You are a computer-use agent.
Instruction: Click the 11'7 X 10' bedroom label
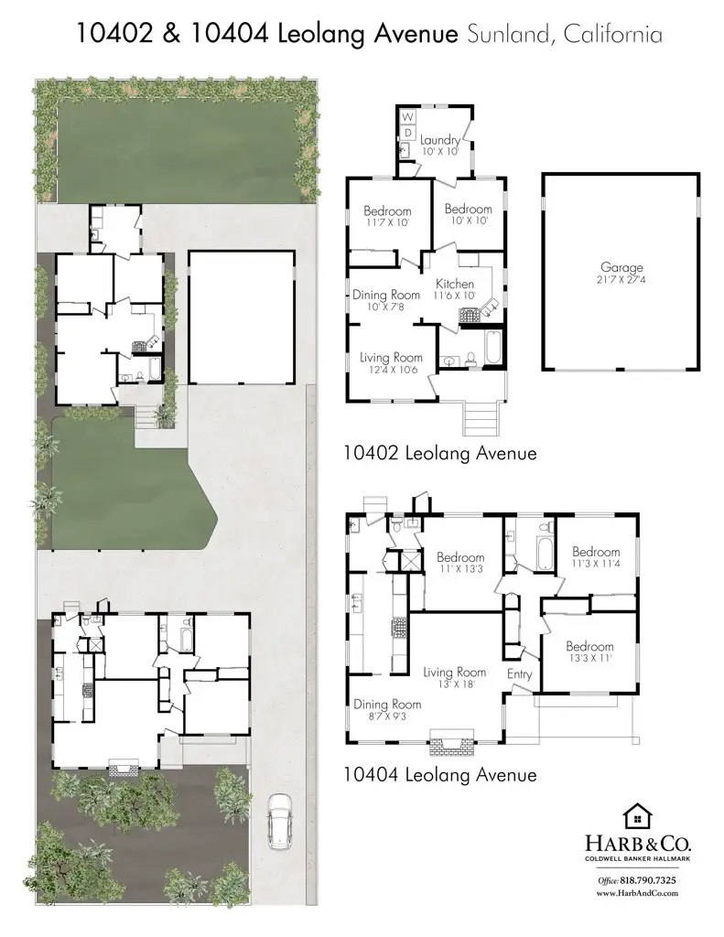pos(387,217)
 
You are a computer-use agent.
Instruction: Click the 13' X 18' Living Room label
pos(454,678)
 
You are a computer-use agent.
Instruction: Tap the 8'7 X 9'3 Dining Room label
pos(387,710)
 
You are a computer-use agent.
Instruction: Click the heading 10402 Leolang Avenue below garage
pos(439,453)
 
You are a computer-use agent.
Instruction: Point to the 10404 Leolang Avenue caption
pos(439,775)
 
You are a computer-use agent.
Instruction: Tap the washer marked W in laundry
pos(408,118)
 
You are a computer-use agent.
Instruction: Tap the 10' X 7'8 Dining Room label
pos(386,300)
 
